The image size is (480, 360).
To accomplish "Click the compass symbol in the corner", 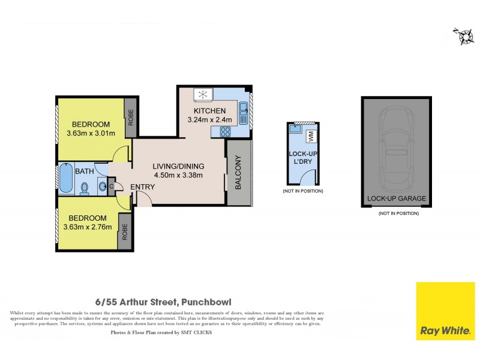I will pos(463,36).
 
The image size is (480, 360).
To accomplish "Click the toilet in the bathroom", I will pos(84,188).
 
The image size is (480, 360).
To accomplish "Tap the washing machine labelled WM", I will pos(311,136).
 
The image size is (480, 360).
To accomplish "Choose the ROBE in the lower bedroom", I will pos(125,232).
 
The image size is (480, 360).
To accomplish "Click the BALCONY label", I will pos(238,173).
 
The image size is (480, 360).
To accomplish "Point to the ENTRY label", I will pos(142,187).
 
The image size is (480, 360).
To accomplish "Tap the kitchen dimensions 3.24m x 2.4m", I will pos(210,120).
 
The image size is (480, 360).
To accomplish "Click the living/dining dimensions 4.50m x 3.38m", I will pos(178,175).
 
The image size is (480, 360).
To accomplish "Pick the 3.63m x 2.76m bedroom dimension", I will pos(88,227).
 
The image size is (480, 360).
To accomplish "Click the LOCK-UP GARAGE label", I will pos(396,199).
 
